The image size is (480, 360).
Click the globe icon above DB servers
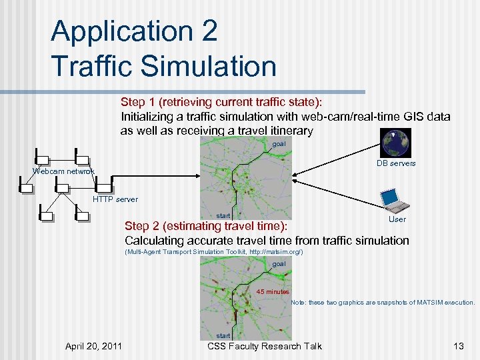396,143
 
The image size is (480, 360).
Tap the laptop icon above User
392,199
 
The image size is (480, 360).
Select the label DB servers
396,163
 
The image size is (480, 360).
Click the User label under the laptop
397,219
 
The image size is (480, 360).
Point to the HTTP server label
115,199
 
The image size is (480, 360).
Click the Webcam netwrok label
64,171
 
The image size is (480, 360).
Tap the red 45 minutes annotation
273,292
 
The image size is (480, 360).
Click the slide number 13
458,345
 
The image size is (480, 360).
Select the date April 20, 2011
93,345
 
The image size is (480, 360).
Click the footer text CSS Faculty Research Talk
265,345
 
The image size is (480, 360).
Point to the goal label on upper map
279,145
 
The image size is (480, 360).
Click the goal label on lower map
279,264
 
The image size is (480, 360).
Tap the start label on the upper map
223,215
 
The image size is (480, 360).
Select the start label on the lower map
223,335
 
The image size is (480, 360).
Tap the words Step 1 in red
138,102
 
